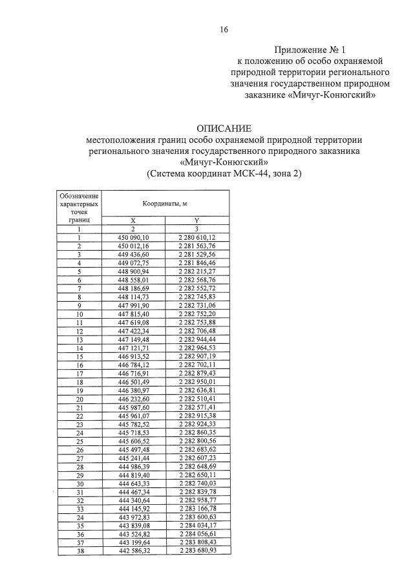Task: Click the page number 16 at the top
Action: tap(224, 29)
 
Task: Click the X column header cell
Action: tap(133, 220)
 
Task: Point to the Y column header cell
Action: tap(196, 220)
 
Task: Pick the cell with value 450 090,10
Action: tap(133, 238)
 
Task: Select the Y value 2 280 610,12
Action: tap(196, 238)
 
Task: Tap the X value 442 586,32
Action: tap(133, 551)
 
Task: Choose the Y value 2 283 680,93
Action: tap(196, 551)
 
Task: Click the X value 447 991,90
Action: tap(133, 306)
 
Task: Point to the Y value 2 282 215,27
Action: tap(196, 271)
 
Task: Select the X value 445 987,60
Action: tap(133, 407)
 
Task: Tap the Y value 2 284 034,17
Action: tap(196, 526)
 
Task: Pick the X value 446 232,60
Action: tap(133, 399)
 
